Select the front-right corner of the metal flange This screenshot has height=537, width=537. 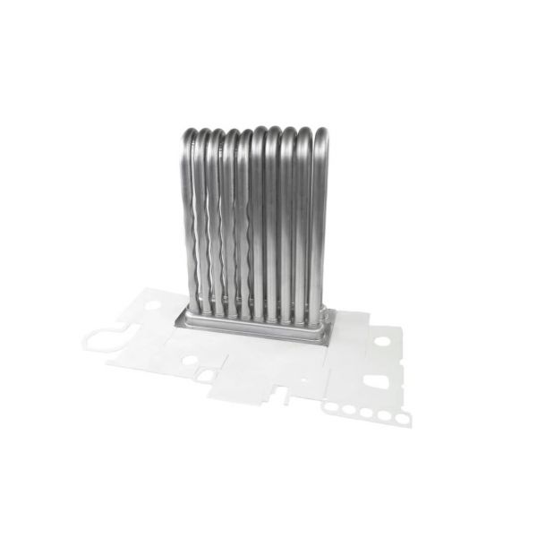coord(328,342)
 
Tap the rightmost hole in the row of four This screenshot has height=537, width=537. coord(384,415)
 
